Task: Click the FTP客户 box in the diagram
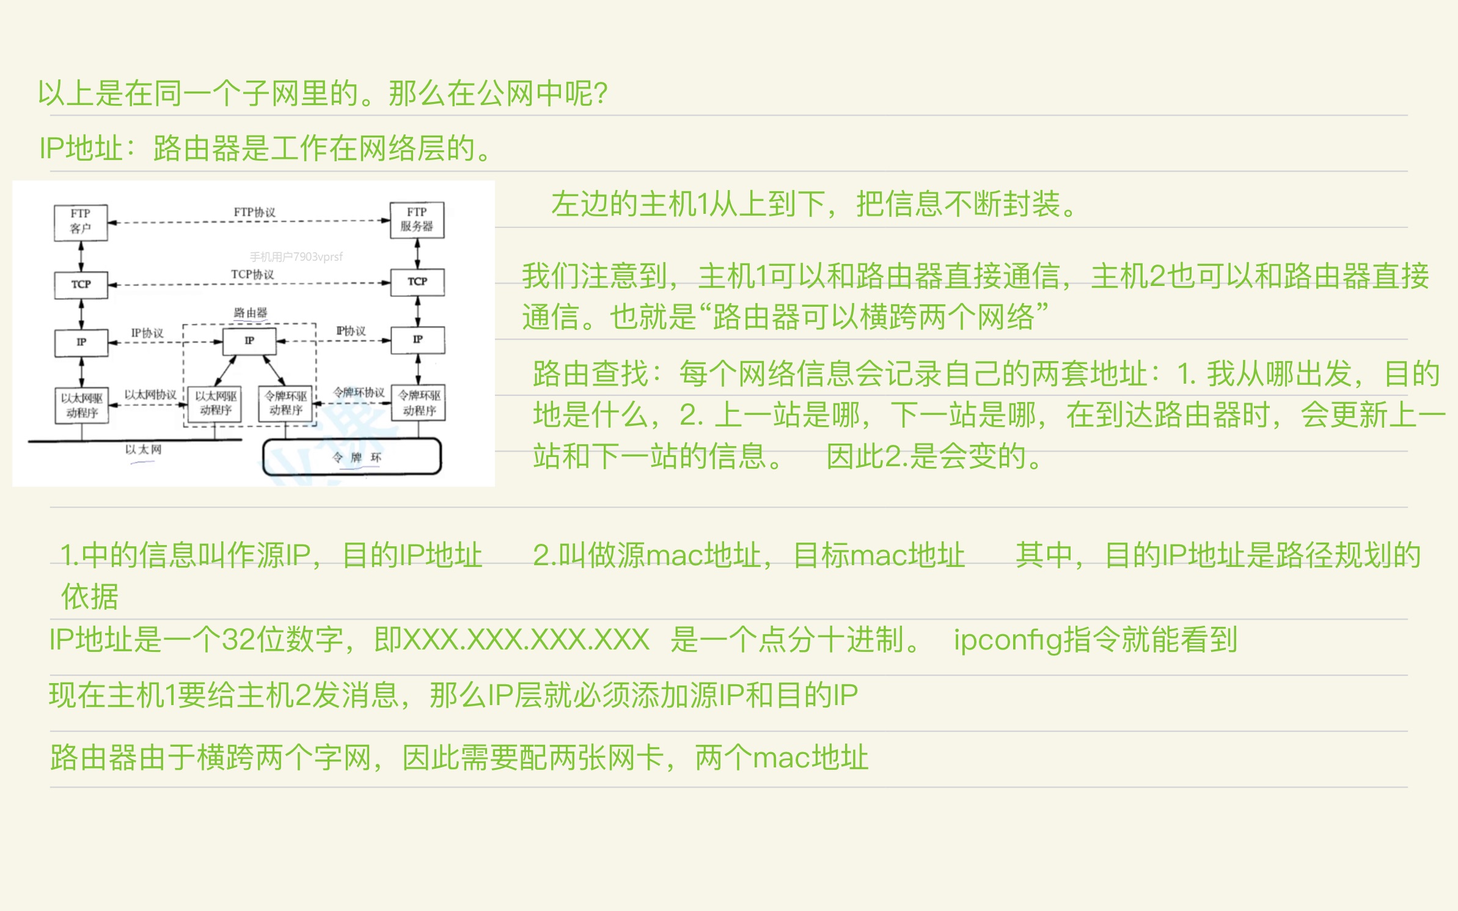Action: pos(81,222)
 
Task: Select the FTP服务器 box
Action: pos(417,219)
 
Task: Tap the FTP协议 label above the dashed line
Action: pos(254,212)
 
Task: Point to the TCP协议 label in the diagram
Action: pos(252,274)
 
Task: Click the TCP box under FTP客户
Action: pos(81,285)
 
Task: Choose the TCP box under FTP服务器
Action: pos(417,282)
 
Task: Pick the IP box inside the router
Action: pos(249,340)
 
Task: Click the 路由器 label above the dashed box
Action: pos(250,313)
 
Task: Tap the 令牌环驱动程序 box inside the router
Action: pos(286,403)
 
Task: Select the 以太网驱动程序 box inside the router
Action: pos(215,403)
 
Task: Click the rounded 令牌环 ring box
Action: pos(352,457)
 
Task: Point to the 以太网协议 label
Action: pos(150,395)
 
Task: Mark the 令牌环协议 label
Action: pos(359,392)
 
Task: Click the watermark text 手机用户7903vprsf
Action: pos(296,257)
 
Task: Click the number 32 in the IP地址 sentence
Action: pos(237,640)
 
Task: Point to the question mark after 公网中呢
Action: pos(600,93)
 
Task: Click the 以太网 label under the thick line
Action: pos(143,450)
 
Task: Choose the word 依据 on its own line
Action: pos(89,596)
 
